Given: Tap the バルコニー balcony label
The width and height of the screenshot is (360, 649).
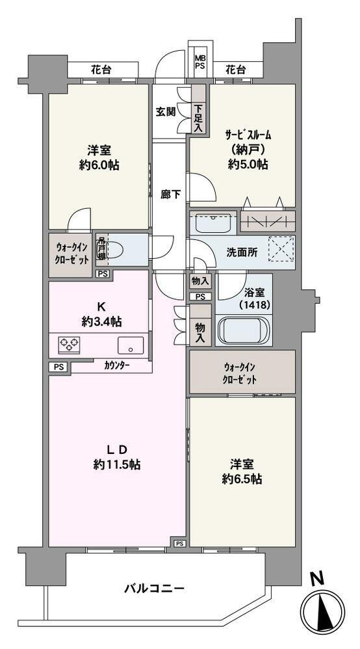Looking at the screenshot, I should tap(155, 589).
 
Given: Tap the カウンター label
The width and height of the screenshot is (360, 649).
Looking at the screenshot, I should tap(116, 366).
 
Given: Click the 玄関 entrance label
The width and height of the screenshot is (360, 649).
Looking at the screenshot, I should tap(165, 111).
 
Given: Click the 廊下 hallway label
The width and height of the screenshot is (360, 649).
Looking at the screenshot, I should tap(170, 194).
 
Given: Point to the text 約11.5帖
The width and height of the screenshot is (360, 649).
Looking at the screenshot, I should tap(118, 465).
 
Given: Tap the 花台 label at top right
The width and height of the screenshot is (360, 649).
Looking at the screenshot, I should tap(235, 68).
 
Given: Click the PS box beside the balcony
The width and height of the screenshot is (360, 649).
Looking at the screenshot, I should tap(179, 543).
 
